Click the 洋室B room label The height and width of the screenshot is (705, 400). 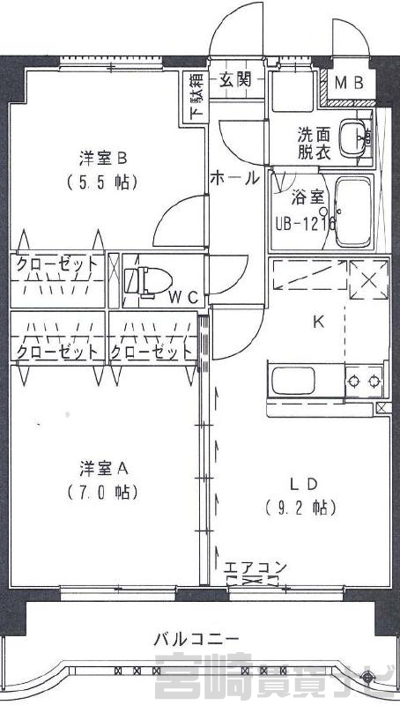103,159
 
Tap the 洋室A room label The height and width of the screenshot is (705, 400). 104,469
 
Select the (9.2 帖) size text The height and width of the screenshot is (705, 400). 301,508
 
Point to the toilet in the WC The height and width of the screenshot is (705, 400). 148,282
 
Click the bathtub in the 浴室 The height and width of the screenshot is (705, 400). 353,211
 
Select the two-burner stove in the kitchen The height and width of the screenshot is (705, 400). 364,382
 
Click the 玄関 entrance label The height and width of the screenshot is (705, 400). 235,80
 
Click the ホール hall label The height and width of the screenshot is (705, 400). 235,178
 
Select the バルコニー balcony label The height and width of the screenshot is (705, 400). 196,638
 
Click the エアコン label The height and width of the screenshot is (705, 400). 255,568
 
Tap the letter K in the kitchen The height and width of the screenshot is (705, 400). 318,322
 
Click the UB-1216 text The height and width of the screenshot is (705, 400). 306,224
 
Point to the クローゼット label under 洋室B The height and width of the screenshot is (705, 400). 57,264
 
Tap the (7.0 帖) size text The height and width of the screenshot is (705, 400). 103,493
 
